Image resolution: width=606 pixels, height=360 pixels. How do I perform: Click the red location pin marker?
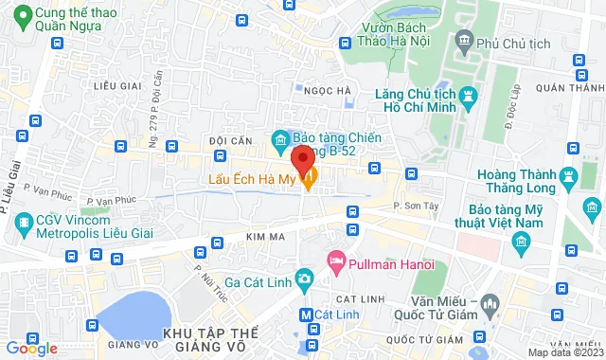coord(303,158)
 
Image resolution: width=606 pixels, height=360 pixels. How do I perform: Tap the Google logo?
coord(31,348)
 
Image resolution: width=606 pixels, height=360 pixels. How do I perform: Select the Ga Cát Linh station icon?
coord(303,278)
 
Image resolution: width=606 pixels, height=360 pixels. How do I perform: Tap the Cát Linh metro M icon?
coord(305,315)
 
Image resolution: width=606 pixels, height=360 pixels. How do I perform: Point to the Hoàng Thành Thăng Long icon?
coord(568,176)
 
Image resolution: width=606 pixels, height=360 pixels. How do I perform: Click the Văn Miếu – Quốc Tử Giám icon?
coord(490,305)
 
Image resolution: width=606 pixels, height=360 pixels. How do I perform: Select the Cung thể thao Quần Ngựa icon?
coord(18,16)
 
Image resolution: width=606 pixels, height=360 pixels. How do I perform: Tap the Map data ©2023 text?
coord(564,352)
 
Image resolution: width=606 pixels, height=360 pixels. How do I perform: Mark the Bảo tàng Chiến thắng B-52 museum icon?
coord(280,141)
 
